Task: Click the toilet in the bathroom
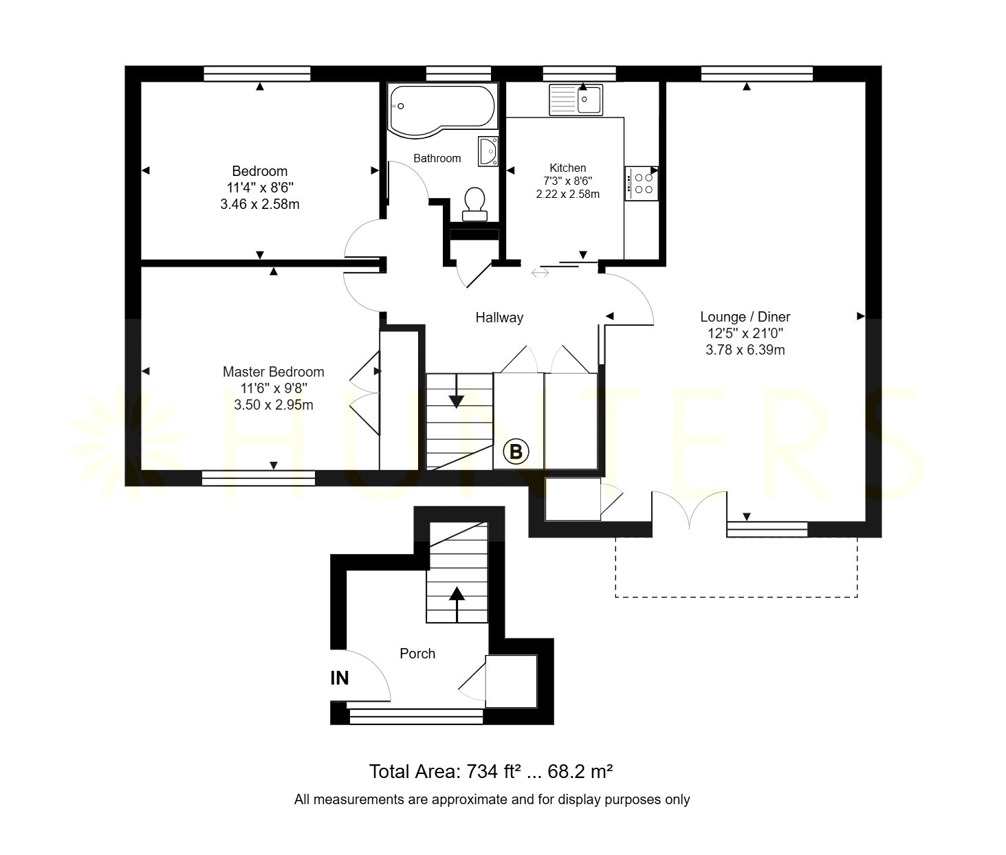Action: pos(474,204)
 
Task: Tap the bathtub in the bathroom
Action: pos(441,109)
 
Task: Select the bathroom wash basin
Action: pos(488,151)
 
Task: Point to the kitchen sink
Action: pos(576,100)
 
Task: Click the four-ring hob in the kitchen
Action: pos(642,184)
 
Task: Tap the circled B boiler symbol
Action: pos(516,452)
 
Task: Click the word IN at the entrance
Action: pos(340,678)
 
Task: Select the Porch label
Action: pos(417,654)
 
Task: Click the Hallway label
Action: pos(499,318)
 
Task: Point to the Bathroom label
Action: pos(437,158)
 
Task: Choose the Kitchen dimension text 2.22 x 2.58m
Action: pos(567,194)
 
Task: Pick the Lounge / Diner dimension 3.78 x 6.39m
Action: pos(745,350)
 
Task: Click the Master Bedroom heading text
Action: pos(274,372)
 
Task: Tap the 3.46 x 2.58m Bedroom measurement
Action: pos(260,203)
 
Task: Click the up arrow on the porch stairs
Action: pos(457,605)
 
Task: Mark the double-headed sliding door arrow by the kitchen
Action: pos(540,273)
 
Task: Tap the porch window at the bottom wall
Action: pos(416,716)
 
